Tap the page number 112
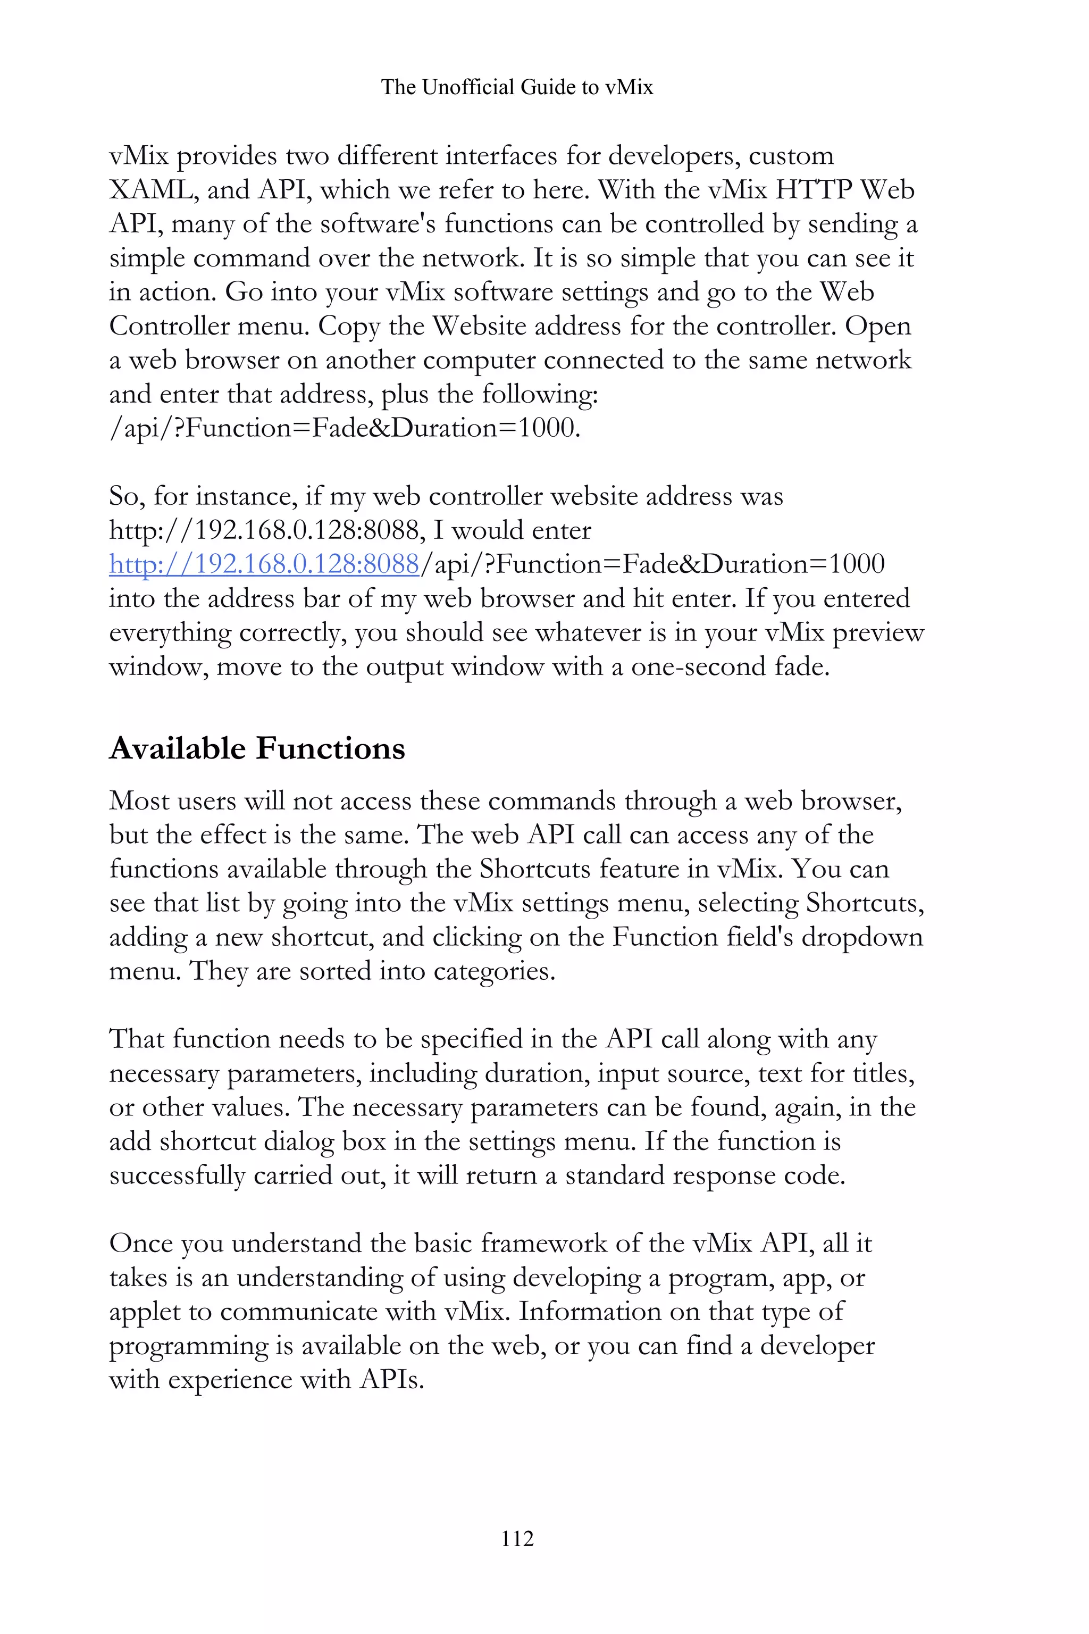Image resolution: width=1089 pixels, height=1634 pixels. click(517, 1538)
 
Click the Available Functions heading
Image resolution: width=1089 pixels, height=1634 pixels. click(257, 749)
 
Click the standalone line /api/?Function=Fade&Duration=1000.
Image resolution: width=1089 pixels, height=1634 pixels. click(345, 428)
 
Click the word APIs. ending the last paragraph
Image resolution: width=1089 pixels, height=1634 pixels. click(391, 1380)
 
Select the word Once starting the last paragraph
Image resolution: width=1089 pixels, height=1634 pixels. click(141, 1244)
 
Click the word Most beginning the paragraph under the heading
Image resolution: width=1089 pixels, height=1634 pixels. click(138, 801)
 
